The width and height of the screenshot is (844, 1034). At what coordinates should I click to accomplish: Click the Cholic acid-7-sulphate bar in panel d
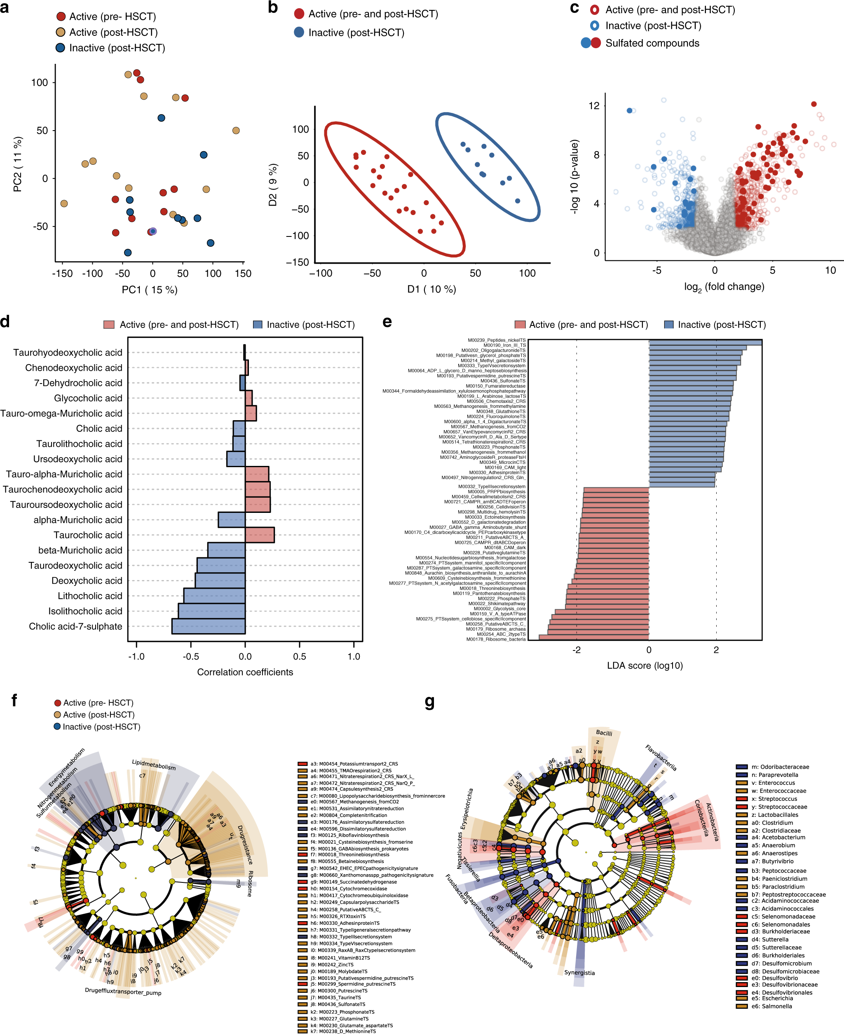click(208, 626)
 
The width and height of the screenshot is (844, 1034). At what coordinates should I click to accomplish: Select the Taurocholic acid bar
click(260, 535)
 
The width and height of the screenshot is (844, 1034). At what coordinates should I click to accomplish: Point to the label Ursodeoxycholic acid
click(77, 459)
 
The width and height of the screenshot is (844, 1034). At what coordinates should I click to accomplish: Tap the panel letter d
click(5, 322)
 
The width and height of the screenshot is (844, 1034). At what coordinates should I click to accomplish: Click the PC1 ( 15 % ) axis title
click(149, 290)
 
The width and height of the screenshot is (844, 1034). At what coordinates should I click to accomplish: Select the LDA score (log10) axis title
click(645, 665)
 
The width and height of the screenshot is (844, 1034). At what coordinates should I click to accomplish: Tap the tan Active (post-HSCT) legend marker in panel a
click(61, 32)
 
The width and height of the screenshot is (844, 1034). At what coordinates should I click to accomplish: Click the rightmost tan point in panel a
click(236, 130)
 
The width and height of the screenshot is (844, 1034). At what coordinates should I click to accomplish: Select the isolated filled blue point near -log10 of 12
click(630, 111)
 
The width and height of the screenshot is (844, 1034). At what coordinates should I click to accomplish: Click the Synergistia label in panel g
click(579, 972)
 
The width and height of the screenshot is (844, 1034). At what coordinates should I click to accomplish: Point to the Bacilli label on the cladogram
click(604, 733)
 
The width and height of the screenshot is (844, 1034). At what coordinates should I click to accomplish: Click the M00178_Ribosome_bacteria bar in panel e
click(593, 637)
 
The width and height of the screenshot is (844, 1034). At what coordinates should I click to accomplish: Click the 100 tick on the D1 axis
click(527, 273)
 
